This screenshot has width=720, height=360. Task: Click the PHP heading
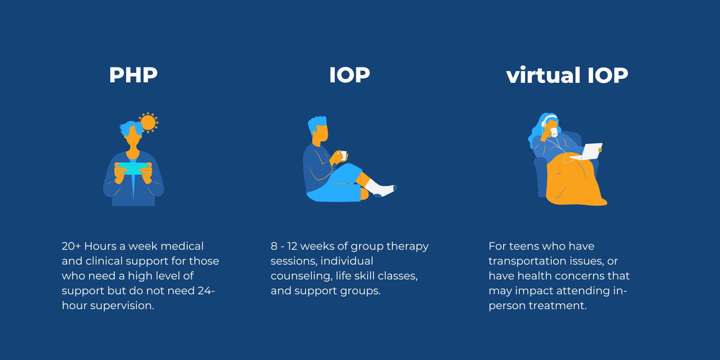coord(133,75)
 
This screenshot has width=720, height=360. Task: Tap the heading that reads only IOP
coord(349,75)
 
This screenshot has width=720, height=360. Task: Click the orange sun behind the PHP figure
coord(148,122)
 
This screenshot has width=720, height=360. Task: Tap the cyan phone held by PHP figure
coord(132,168)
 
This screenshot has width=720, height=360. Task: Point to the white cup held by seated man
coord(343,156)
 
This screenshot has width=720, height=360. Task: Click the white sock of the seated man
coord(378,188)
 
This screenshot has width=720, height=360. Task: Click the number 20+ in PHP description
coord(71,246)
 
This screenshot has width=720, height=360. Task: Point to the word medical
coord(182,246)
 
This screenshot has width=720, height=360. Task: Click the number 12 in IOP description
coord(292,246)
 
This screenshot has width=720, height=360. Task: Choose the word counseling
coord(301,276)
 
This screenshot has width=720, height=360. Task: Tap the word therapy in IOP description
coord(407,246)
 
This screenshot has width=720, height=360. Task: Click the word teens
coord(525,246)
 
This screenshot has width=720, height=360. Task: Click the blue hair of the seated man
coord(318,122)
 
